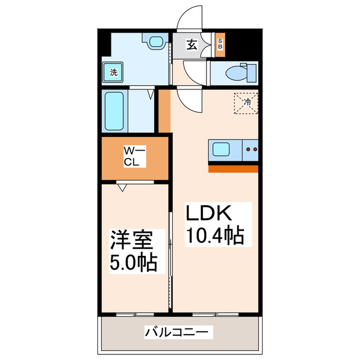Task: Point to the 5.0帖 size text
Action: coord(133,263)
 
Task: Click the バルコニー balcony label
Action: coord(179,333)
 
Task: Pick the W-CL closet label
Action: coord(134,157)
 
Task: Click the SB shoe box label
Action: coord(220,44)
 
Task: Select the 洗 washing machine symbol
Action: coord(114,72)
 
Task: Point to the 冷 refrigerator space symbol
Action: coord(247,102)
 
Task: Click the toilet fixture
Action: coord(239,73)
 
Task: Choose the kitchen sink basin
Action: coord(220,150)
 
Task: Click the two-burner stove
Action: coord(251,150)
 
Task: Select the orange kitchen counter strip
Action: coord(233,168)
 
